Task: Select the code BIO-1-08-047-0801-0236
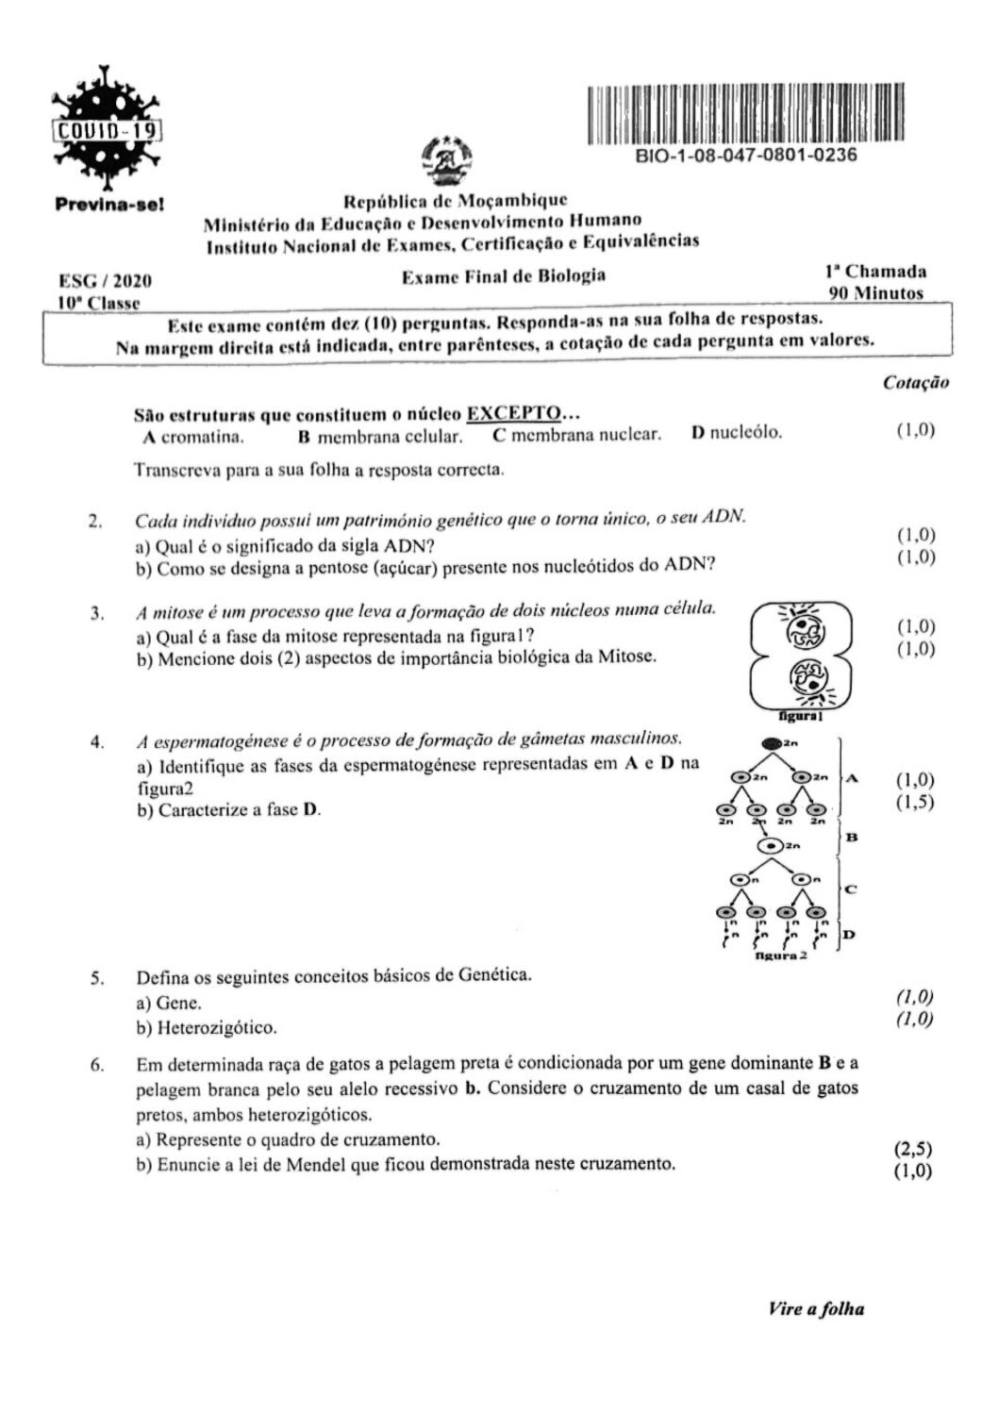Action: tap(747, 155)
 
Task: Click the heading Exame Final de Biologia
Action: tap(504, 276)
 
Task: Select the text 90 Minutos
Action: tap(875, 293)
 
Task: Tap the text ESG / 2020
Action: tap(105, 281)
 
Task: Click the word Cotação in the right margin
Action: tap(916, 382)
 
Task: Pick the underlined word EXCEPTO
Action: tap(514, 413)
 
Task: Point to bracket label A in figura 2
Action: tap(853, 778)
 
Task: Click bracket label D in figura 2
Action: tap(848, 935)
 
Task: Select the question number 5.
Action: tap(96, 977)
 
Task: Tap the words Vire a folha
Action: tap(816, 1308)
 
